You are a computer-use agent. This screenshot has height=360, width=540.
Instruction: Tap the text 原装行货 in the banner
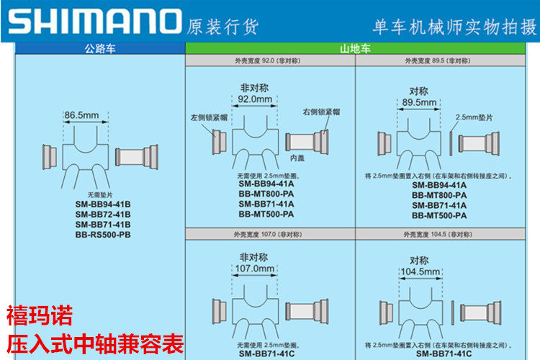(222, 27)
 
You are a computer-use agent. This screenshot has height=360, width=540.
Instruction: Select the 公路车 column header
(99, 50)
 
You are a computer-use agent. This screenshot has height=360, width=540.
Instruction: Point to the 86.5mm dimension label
(81, 114)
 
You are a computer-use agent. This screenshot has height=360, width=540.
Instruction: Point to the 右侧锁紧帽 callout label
(322, 112)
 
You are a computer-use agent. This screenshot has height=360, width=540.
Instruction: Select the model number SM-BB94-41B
(102, 204)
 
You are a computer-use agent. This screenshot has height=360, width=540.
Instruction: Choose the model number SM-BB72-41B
(102, 214)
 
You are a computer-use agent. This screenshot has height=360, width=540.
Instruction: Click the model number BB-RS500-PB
(102, 235)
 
